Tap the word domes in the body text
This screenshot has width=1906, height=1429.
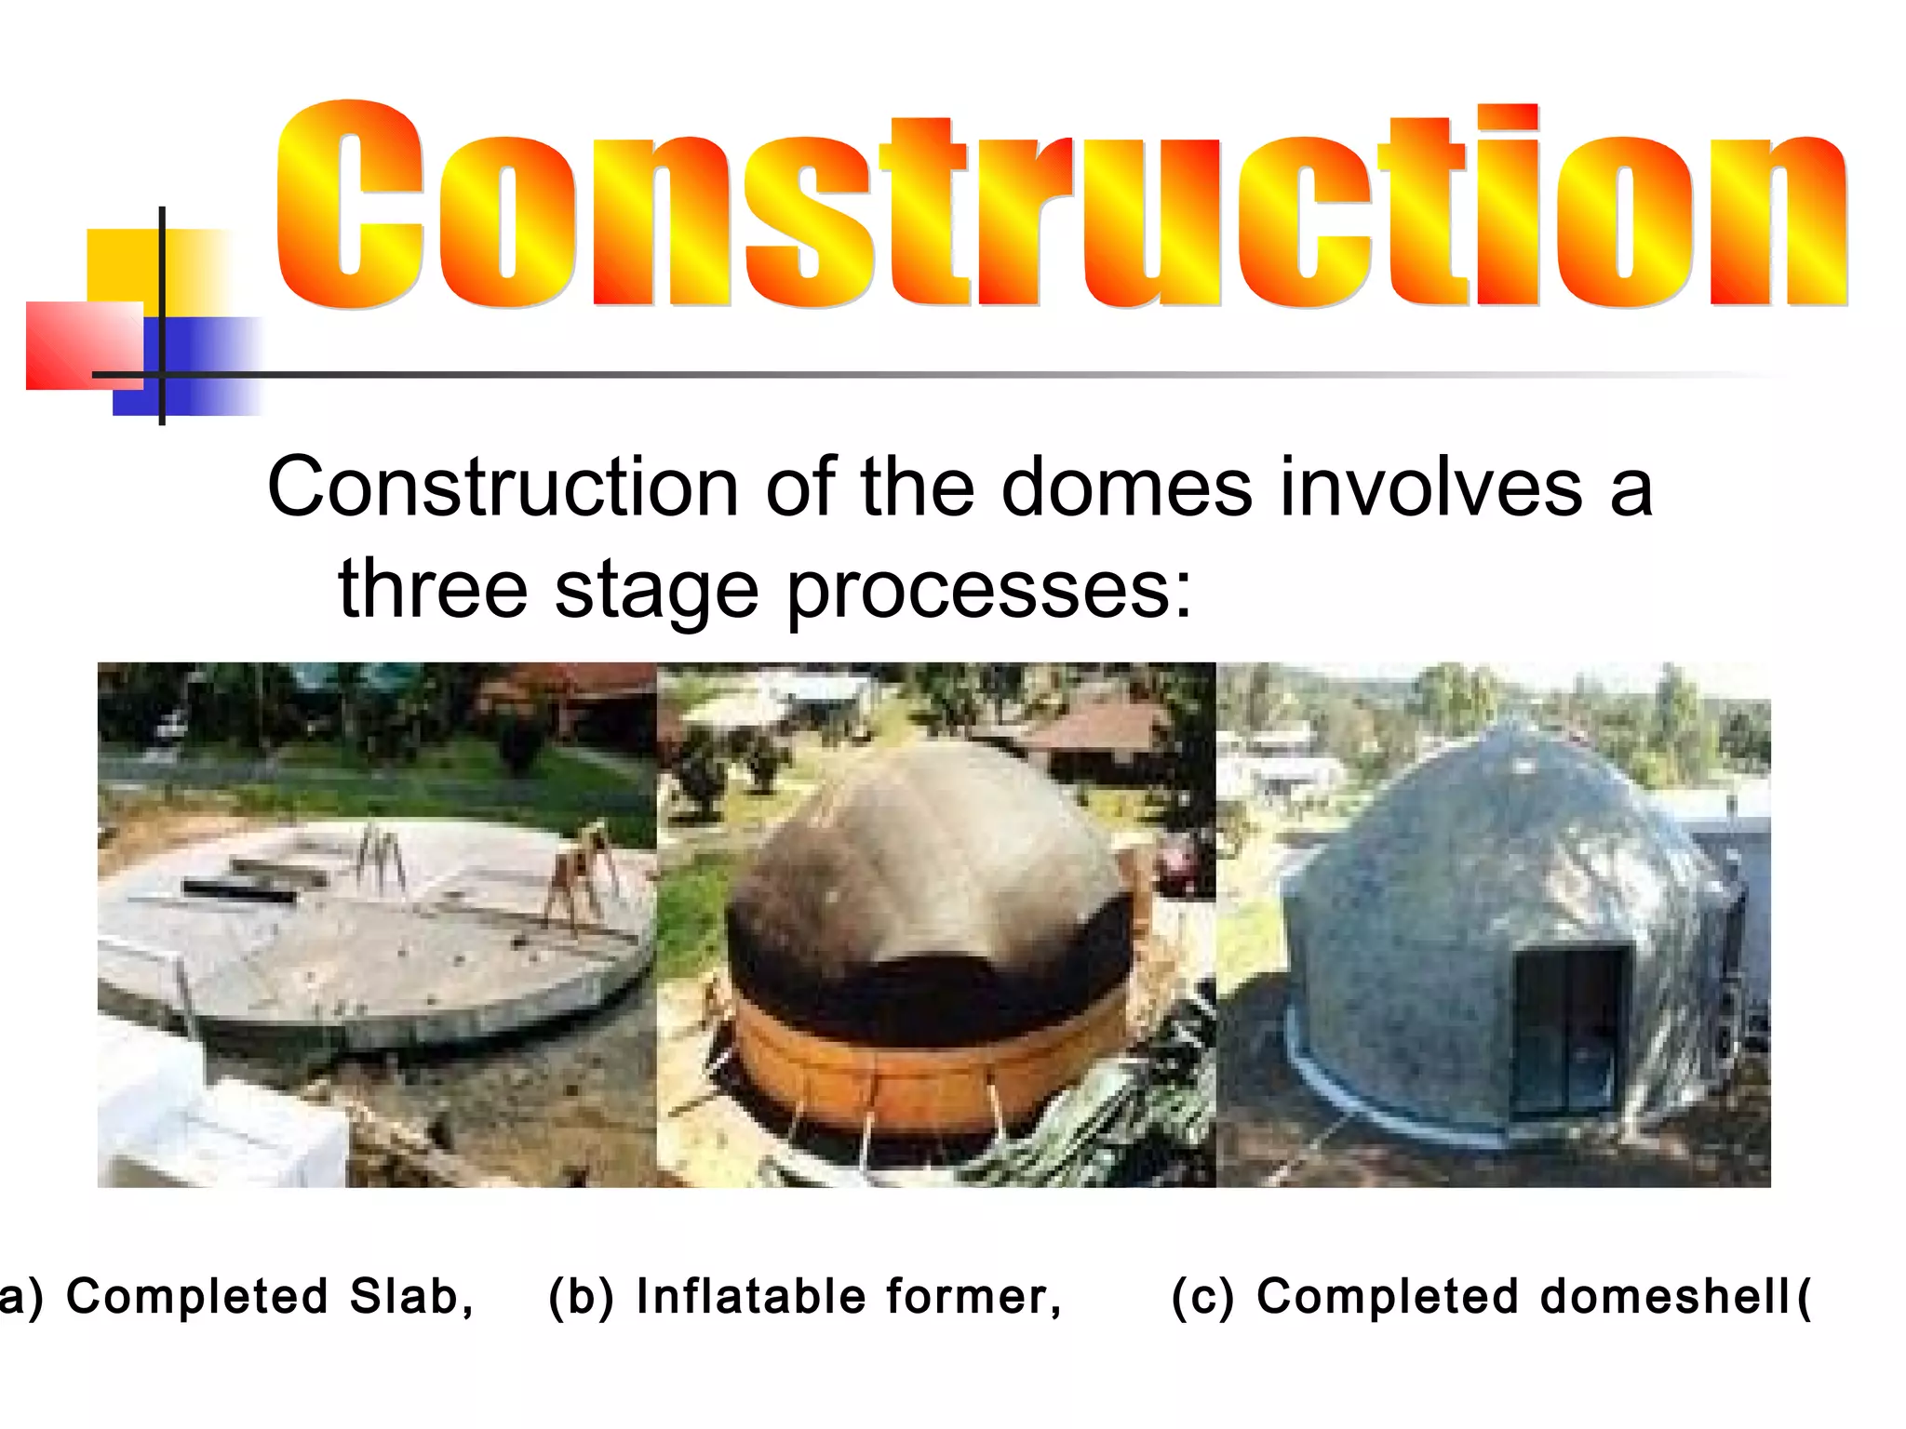coord(1126,487)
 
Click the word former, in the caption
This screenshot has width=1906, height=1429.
coord(973,1296)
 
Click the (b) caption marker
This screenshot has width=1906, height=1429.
coord(582,1297)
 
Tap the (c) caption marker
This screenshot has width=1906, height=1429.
coord(1203,1297)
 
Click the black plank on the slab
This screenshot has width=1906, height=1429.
coord(239,890)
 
